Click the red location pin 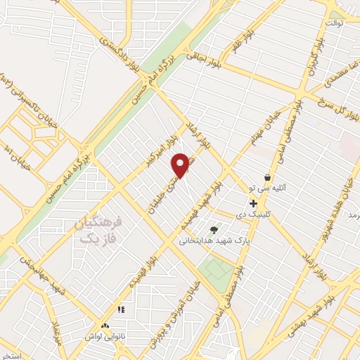[x=181, y=165]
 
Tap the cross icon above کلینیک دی [x=253, y=203]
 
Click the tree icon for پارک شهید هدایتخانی [x=214, y=229]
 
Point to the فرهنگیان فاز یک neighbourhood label [x=98, y=231]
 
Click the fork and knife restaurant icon [x=121, y=309]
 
